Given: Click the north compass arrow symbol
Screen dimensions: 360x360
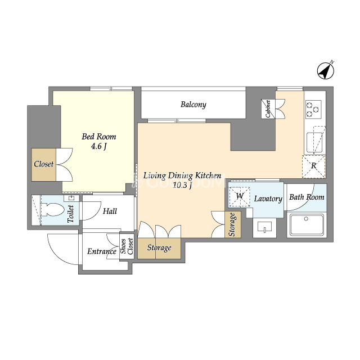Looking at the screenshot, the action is click(326, 71).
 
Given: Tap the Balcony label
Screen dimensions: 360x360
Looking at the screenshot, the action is click(193, 105).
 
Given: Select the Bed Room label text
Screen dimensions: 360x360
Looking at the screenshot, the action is click(99, 137).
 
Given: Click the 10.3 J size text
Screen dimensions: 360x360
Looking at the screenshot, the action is click(182, 185).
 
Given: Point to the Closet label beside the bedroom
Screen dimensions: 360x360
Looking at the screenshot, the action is click(44, 164).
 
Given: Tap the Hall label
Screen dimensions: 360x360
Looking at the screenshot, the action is click(110, 211).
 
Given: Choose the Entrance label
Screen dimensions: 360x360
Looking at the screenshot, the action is click(102, 251).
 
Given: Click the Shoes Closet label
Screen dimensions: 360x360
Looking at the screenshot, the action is click(127, 246).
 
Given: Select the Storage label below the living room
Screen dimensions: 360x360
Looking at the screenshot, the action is click(159, 247).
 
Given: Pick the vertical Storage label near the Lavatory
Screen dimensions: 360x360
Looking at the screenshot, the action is click(232, 224).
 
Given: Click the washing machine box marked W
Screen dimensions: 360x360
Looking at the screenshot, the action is click(240, 196).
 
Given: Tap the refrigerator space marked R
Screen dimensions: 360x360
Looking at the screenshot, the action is click(314, 166).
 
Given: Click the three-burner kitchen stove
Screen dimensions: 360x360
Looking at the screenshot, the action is click(313, 109).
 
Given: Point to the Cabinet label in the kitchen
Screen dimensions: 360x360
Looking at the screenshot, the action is click(268, 109).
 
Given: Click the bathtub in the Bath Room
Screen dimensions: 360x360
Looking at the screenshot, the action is click(307, 225).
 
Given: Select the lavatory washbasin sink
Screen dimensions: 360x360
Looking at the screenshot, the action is click(264, 227).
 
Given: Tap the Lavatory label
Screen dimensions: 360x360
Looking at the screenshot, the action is click(268, 199).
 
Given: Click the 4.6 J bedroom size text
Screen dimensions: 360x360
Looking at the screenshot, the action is click(99, 146).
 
